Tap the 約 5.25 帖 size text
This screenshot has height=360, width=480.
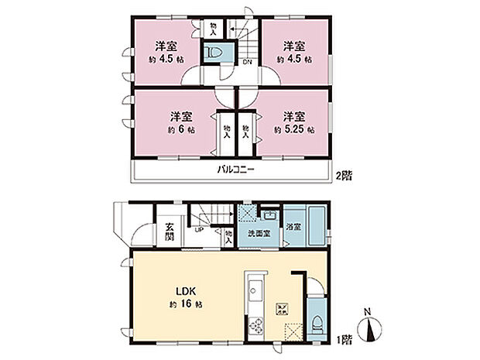pyautogui.click(x=293, y=130)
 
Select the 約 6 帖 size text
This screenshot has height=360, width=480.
pyautogui.click(x=180, y=130)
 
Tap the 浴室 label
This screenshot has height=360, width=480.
pyautogui.click(x=293, y=229)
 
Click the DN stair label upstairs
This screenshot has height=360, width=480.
pyautogui.click(x=246, y=61)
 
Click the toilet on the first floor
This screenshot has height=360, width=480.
pyautogui.click(x=318, y=324)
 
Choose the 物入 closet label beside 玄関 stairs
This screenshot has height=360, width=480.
pyautogui.click(x=229, y=236)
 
